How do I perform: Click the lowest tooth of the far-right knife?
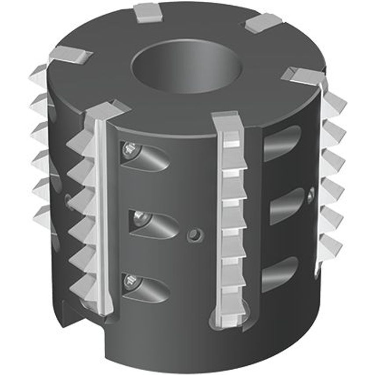[x=329, y=246]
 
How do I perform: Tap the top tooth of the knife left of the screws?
[x=81, y=141]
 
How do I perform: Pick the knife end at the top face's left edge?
[x=70, y=55]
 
